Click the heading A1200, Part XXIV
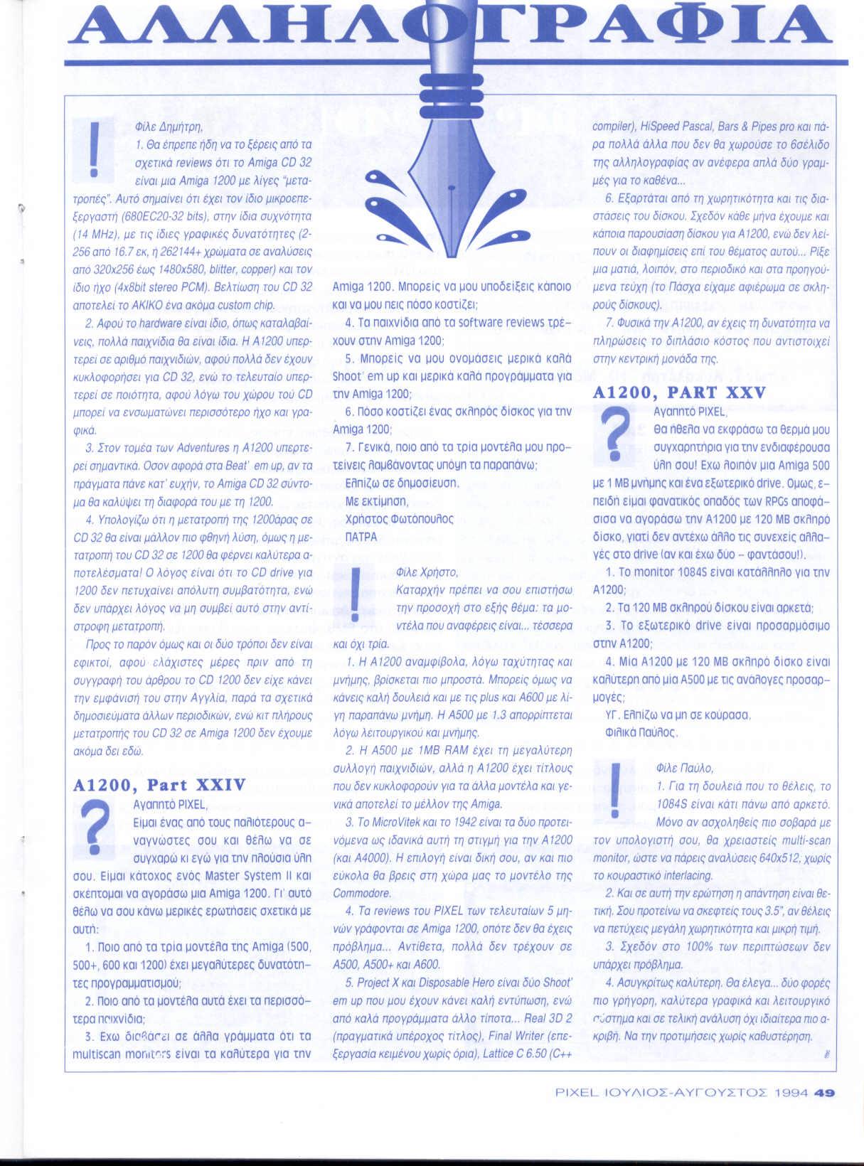tap(160, 785)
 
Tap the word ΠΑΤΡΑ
tap(361, 537)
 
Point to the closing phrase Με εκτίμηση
tap(372, 501)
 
